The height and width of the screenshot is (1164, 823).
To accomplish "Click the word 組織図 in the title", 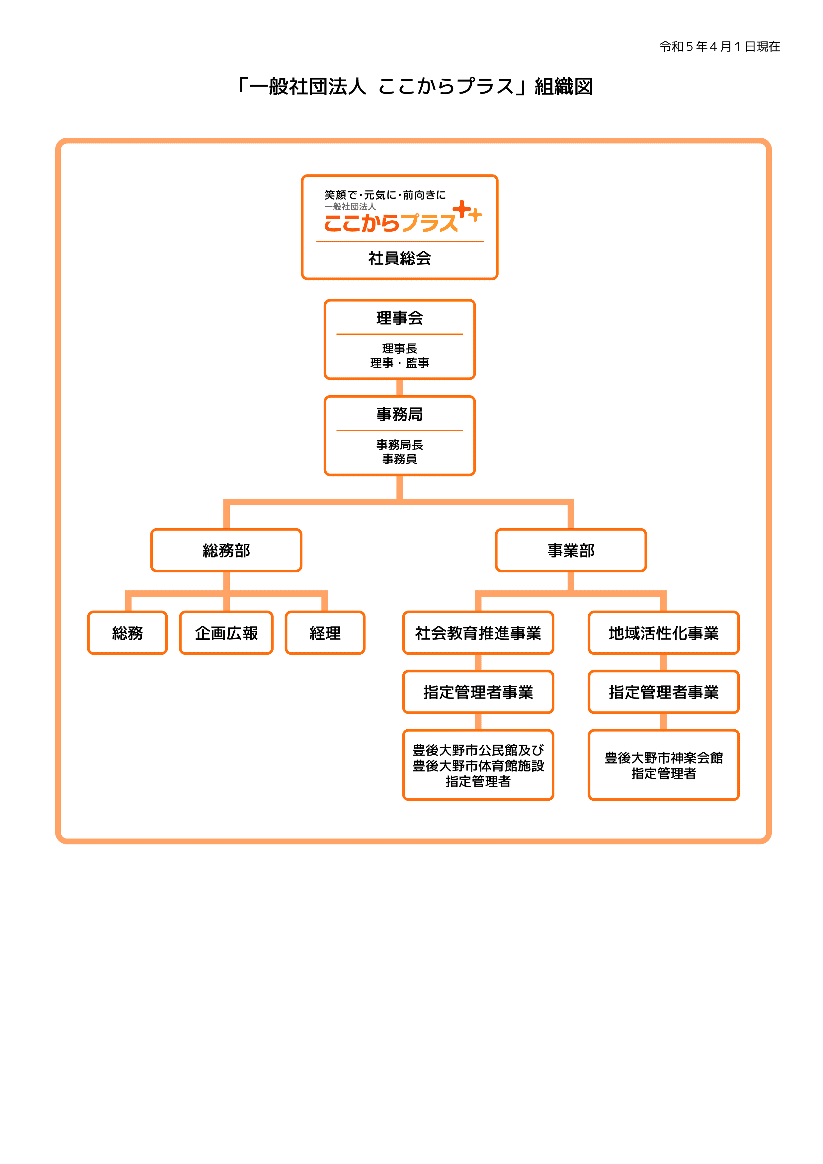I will point(563,87).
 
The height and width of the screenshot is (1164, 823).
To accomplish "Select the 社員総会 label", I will point(400,258).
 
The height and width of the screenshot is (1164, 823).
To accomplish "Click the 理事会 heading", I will point(400,318).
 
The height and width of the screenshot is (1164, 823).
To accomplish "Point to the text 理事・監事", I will point(400,363).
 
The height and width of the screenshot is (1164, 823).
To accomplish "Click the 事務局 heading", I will point(400,414).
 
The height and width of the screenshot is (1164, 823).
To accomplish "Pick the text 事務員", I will point(400,459).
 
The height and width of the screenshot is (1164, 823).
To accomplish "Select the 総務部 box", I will point(226,550).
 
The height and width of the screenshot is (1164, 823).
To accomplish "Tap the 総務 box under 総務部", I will point(127,633).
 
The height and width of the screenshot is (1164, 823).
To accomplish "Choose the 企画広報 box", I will point(226,633).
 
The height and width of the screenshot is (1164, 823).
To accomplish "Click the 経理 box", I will point(325,633).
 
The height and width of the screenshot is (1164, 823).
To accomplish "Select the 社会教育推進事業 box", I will point(478,633).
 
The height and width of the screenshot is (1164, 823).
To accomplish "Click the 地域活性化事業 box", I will point(663,633).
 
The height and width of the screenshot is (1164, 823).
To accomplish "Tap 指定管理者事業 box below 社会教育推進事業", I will point(478,692).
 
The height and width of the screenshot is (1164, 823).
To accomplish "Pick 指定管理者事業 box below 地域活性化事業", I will point(663,692).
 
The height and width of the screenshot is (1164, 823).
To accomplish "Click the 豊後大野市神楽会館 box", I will point(663,765).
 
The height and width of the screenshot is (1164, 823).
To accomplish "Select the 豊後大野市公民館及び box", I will point(478,765).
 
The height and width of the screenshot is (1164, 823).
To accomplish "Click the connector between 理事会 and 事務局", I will point(400,387).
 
